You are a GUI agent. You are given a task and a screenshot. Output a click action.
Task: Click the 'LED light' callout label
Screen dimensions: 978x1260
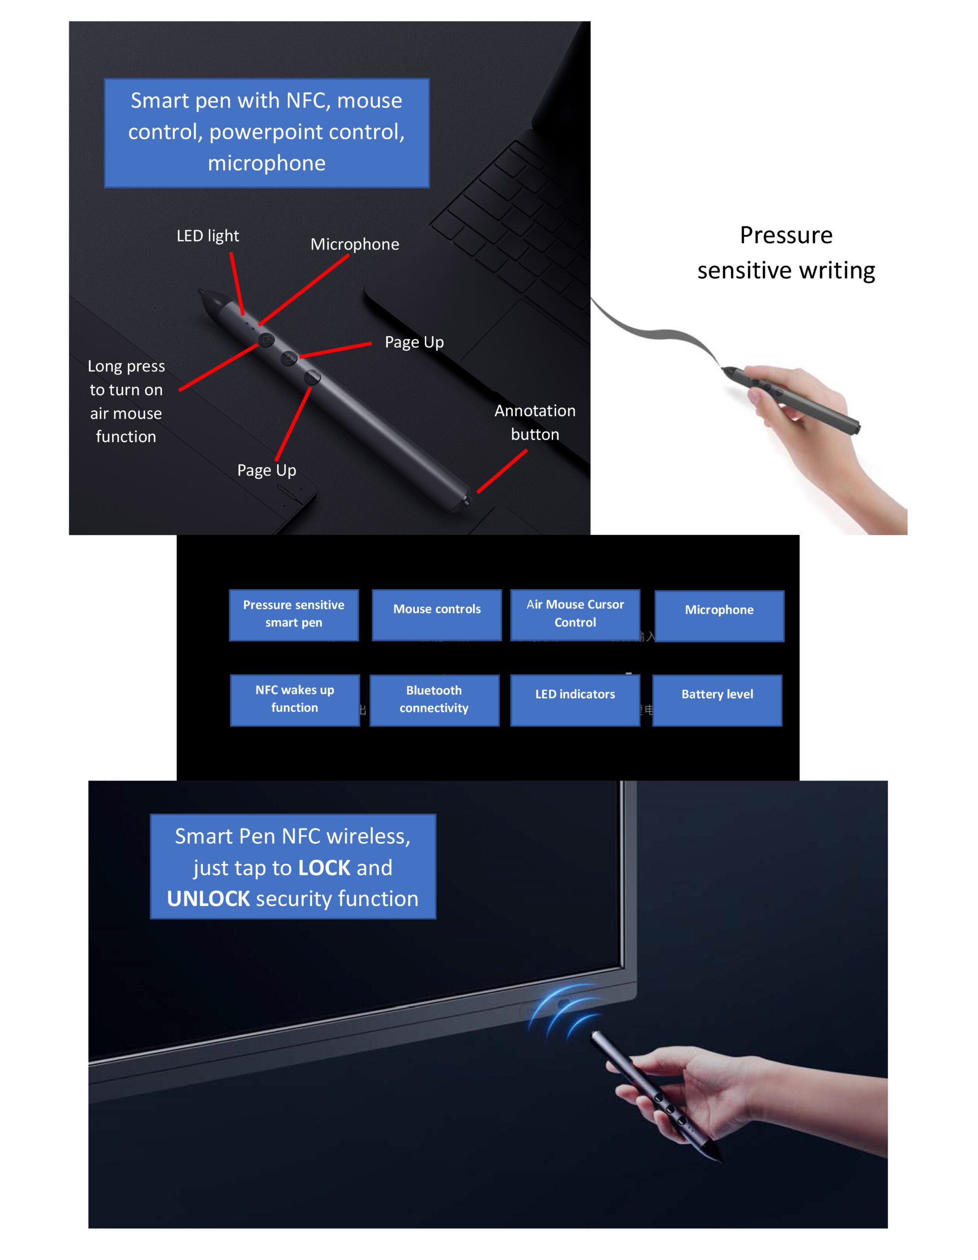[208, 236]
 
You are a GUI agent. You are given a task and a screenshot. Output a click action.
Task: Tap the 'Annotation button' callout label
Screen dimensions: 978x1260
[535, 422]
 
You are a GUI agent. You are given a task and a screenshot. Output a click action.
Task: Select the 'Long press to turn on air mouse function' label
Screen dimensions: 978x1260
[126, 402]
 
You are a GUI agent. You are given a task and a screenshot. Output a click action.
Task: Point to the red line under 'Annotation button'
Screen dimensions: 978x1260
[502, 472]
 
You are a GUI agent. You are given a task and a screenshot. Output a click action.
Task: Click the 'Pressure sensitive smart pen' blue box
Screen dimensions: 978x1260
[294, 615]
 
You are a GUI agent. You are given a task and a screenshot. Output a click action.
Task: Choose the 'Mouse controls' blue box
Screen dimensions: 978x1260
[437, 615]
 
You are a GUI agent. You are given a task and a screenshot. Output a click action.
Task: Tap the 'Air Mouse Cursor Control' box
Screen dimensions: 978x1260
[575, 615]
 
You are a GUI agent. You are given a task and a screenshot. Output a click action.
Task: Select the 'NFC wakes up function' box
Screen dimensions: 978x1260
[295, 700]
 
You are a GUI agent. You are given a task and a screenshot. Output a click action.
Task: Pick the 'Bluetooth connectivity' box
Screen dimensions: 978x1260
[435, 700]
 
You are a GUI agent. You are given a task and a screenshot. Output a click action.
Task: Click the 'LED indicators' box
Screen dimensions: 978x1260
[575, 700]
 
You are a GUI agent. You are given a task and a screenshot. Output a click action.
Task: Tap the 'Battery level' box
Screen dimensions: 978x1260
[717, 700]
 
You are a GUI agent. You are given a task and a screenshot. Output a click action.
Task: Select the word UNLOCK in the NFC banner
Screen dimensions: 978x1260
[208, 899]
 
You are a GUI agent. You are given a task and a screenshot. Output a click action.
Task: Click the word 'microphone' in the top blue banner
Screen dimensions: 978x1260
[267, 163]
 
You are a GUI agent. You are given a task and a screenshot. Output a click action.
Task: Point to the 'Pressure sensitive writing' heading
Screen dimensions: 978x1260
[786, 252]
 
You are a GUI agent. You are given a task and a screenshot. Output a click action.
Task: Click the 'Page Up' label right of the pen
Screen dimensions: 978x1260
[414, 342]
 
